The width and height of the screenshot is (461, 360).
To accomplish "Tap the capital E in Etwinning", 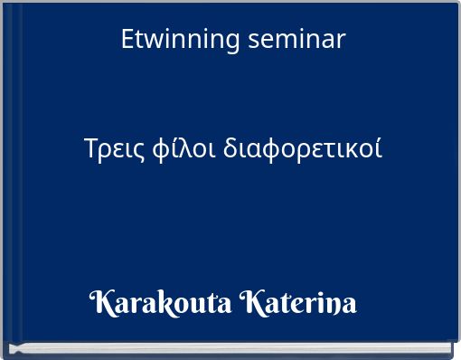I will click(x=127, y=40).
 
